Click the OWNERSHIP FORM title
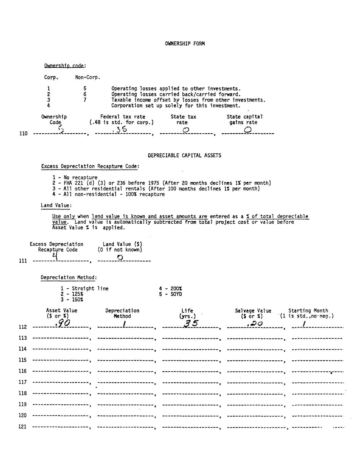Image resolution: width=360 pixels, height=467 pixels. pyautogui.click(x=185, y=44)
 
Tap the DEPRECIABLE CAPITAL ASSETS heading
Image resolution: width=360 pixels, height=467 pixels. pyautogui.click(x=184, y=156)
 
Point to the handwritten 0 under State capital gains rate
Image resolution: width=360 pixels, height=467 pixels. pyautogui.click(x=247, y=130)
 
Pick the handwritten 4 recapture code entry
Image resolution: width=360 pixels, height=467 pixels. pyautogui.click(x=55, y=257)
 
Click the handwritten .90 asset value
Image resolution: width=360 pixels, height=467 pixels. pyautogui.click(x=63, y=324)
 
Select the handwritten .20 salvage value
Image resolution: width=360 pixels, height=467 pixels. pyautogui.click(x=255, y=324)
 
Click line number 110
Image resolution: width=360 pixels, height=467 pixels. pyautogui.click(x=23, y=134)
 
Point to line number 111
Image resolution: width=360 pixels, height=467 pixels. pyautogui.click(x=23, y=261)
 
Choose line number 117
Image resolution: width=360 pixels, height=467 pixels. pyautogui.click(x=23, y=382)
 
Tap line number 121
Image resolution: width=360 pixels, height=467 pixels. pyautogui.click(x=23, y=427)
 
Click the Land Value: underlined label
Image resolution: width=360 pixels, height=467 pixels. pyautogui.click(x=56, y=205)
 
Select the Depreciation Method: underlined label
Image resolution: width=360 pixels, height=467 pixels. pyautogui.click(x=69, y=277)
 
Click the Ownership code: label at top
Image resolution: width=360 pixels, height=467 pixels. pyautogui.click(x=65, y=66)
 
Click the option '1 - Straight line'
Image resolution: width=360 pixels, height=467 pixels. pyautogui.click(x=85, y=289)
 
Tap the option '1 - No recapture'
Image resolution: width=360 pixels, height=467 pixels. pyautogui.click(x=75, y=177)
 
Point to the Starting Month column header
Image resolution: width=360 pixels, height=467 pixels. pyautogui.click(x=308, y=311)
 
